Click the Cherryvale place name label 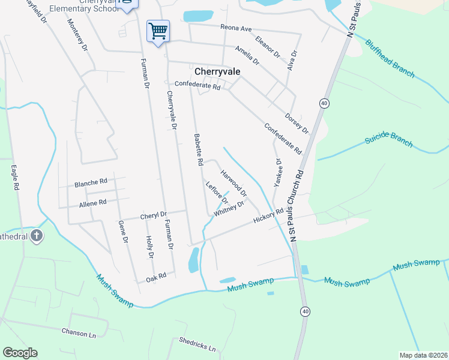[217, 70]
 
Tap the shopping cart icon [158, 30]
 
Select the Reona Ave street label [236, 28]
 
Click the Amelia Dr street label [247, 55]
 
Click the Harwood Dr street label [234, 183]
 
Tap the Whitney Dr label [229, 208]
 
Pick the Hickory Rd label [268, 216]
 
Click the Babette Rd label [198, 150]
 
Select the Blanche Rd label [91, 181]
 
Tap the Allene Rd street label [92, 203]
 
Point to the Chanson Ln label [79, 331]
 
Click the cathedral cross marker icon [37, 236]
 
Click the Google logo [20, 353]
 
